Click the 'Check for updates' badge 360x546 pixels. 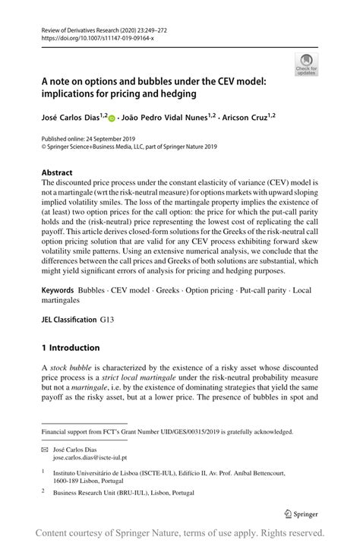point(306,64)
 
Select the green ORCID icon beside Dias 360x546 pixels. point(112,118)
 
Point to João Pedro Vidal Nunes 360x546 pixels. point(166,118)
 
